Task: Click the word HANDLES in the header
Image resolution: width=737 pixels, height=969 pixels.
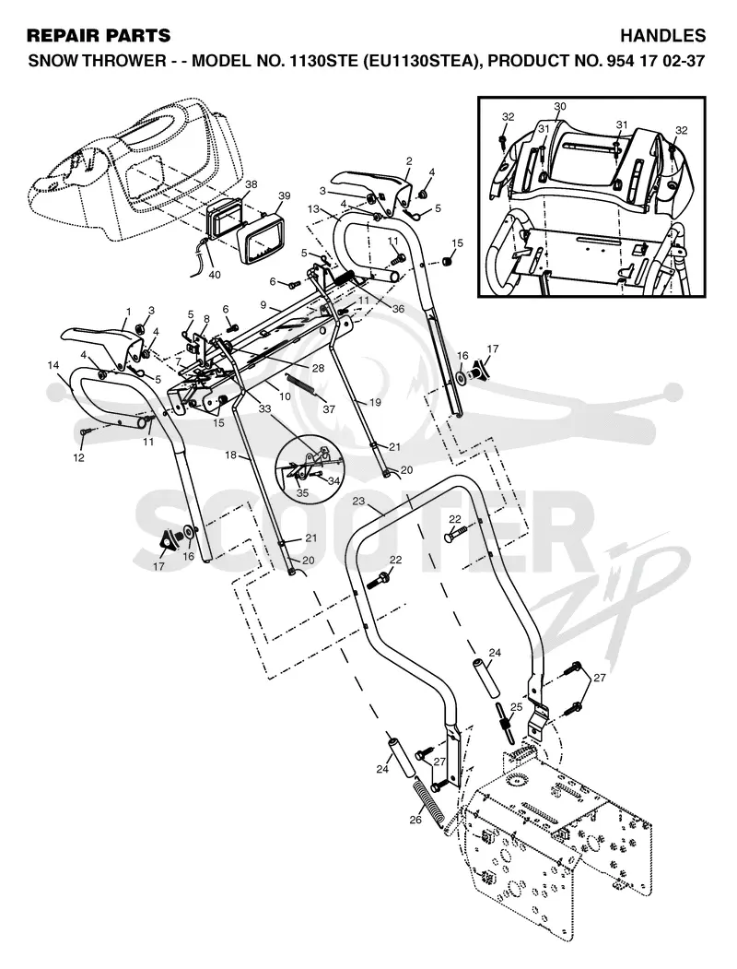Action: [663, 36]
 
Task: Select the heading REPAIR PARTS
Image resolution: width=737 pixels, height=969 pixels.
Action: [99, 36]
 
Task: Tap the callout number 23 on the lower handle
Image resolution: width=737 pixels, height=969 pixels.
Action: [358, 502]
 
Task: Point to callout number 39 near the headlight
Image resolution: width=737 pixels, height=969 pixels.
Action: [284, 195]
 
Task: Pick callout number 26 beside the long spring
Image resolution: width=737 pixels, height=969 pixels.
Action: [415, 820]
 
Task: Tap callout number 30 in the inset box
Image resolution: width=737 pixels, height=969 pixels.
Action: [560, 107]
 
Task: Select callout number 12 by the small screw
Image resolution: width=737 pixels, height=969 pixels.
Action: [79, 458]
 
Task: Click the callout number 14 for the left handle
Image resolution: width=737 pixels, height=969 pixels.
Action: [53, 365]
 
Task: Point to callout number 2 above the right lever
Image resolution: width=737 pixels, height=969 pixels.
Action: [409, 161]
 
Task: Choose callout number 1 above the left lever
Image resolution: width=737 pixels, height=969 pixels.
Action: [128, 311]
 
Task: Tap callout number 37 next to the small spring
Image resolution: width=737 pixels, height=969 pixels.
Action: [329, 409]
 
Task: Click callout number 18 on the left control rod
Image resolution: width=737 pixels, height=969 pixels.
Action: [230, 455]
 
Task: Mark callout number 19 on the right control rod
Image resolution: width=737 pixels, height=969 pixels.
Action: [375, 402]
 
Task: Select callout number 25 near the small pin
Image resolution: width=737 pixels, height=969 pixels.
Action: [517, 706]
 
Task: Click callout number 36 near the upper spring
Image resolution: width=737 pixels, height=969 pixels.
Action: [398, 308]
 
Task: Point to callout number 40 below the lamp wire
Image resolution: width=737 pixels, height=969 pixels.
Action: [214, 275]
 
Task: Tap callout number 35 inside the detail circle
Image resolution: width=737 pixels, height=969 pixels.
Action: [302, 493]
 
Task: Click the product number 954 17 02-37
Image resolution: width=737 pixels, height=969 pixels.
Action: [652, 62]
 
